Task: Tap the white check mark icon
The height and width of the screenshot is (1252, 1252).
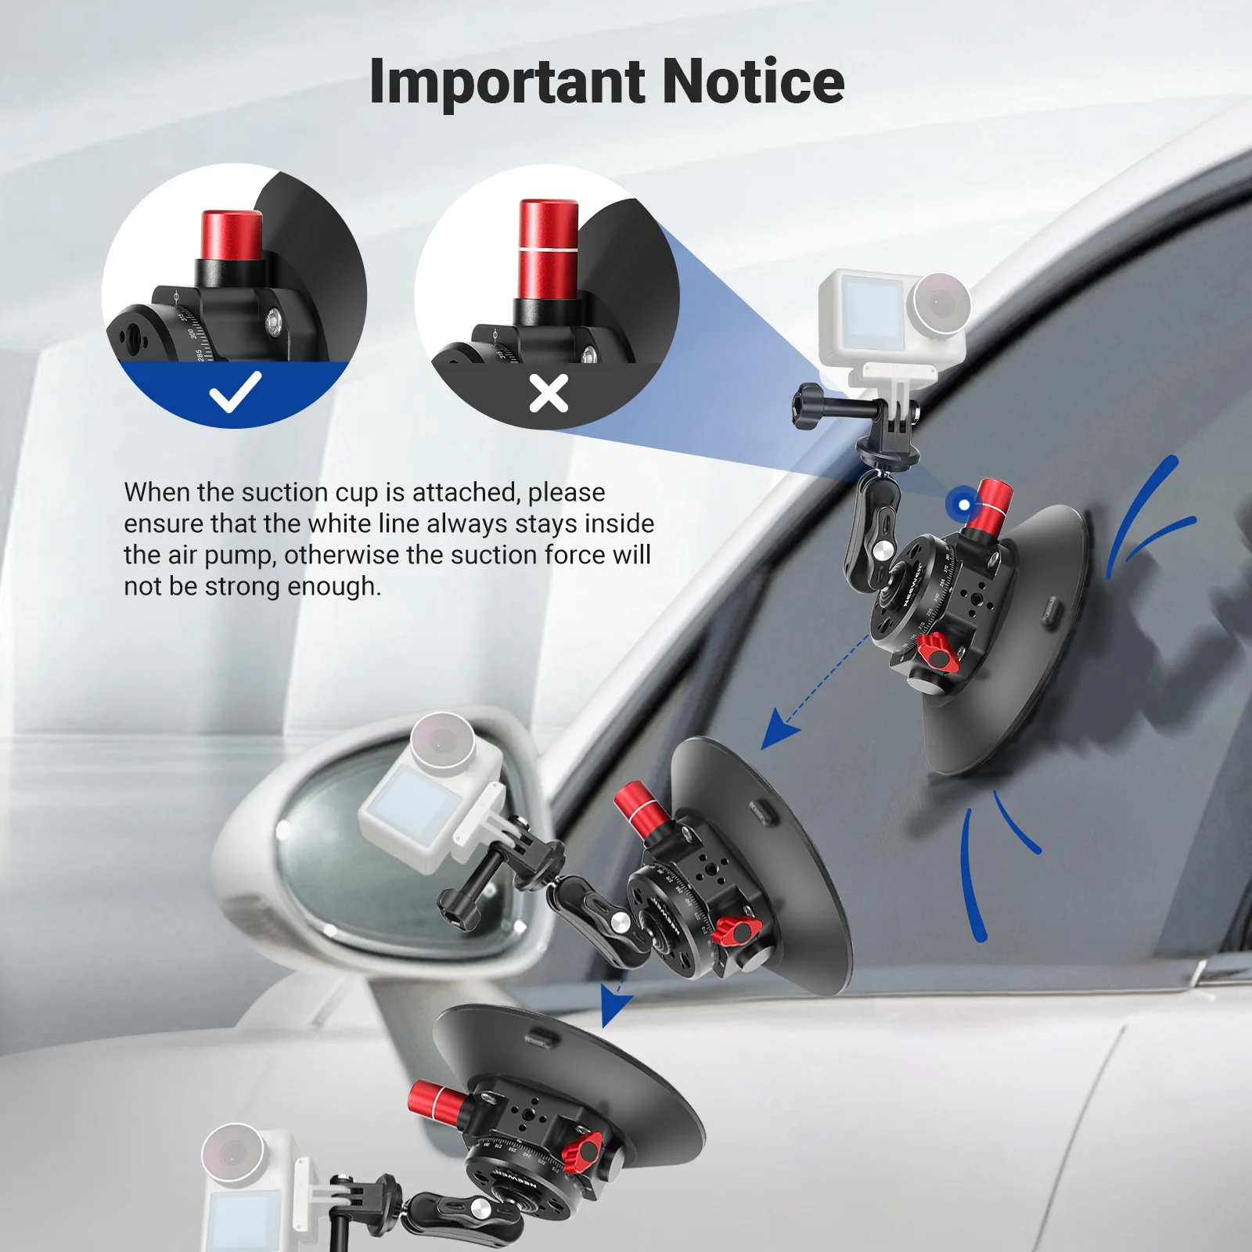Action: pyautogui.click(x=235, y=391)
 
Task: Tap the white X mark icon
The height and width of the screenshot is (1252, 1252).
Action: pyautogui.click(x=549, y=393)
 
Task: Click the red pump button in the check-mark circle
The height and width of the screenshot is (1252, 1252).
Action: pyautogui.click(x=232, y=235)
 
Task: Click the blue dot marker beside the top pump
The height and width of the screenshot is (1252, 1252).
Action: pyautogui.click(x=964, y=505)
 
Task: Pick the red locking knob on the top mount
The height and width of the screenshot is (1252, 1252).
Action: pyautogui.click(x=934, y=650)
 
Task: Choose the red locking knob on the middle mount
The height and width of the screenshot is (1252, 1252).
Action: pyautogui.click(x=736, y=930)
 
